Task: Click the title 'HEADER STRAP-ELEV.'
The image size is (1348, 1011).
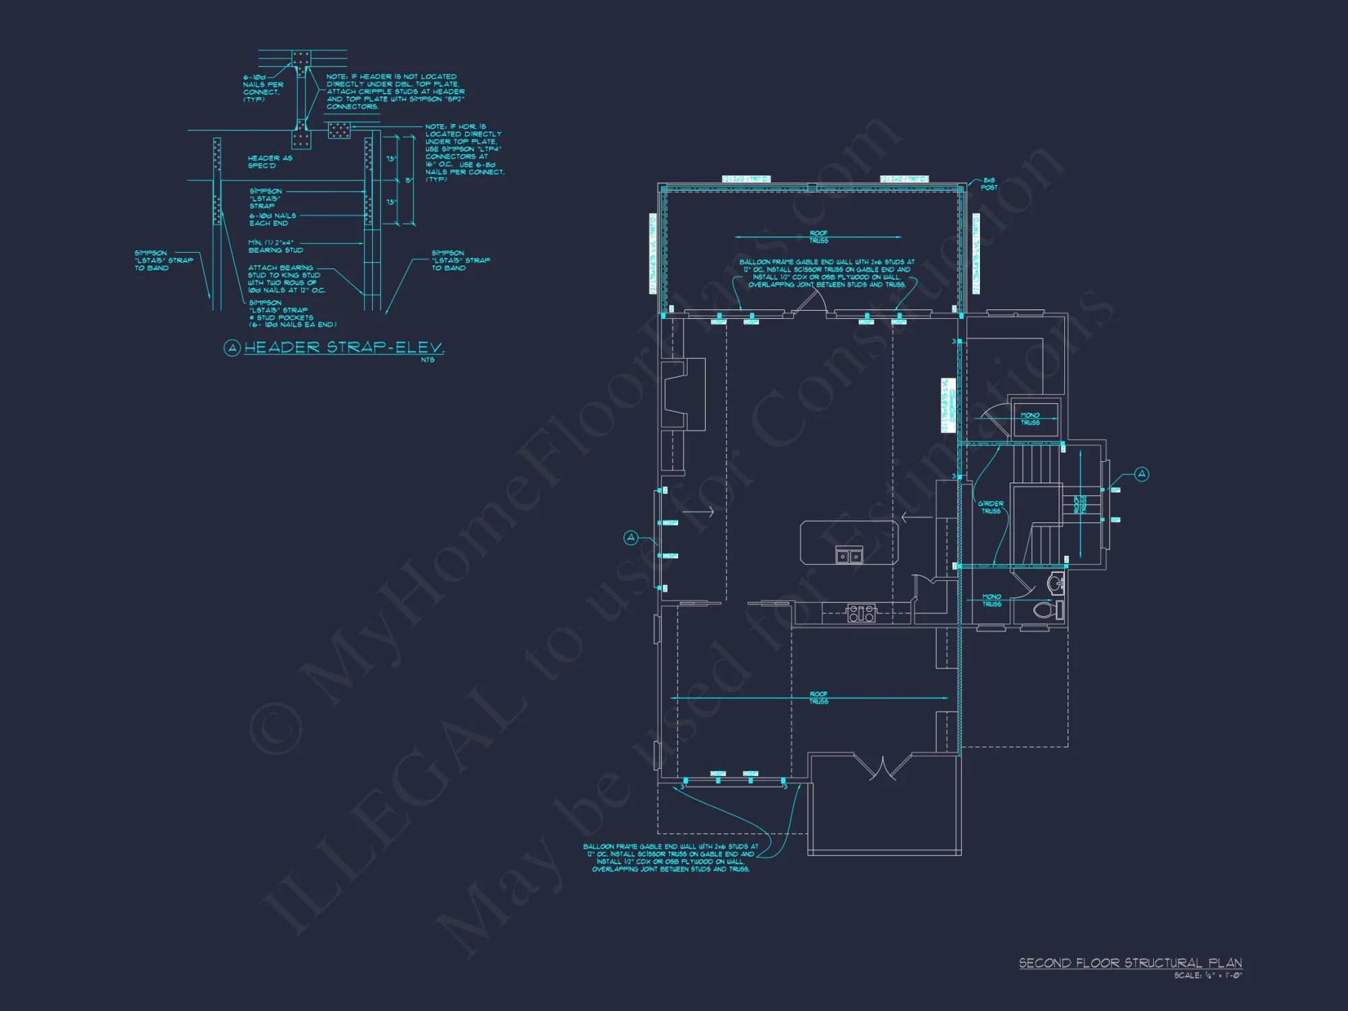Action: [x=344, y=348]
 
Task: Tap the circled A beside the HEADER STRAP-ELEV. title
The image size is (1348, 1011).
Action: [x=232, y=348]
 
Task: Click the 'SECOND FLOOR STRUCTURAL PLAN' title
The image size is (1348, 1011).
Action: [x=1130, y=963]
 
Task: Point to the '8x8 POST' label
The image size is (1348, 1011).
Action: [x=989, y=184]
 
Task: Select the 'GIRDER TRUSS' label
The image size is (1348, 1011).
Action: [x=991, y=508]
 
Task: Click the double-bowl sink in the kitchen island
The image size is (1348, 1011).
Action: [x=849, y=556]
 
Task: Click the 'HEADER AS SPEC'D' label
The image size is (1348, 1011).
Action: [x=270, y=162]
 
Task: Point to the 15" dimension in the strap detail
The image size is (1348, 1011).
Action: [x=408, y=181]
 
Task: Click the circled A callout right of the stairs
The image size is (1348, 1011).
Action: [x=1142, y=474]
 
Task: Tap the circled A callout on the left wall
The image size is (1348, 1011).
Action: [x=631, y=537]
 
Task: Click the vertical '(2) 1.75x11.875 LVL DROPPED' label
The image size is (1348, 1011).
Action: [x=948, y=405]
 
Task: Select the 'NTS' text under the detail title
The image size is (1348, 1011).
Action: [x=427, y=360]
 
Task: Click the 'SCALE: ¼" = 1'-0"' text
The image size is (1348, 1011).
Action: [x=1208, y=975]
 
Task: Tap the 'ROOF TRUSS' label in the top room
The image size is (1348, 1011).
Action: [x=818, y=237]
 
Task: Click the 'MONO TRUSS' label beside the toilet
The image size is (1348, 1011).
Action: [x=991, y=600]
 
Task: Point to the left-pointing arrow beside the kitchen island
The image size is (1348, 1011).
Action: [x=917, y=518]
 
